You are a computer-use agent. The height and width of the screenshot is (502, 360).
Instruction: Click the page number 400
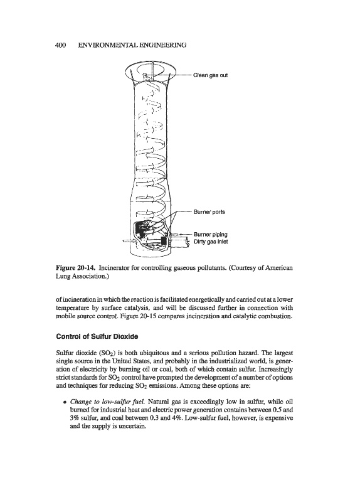pyautogui.click(x=60, y=45)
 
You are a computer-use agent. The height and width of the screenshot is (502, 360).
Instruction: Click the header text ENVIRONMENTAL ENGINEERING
pyautogui.click(x=132, y=45)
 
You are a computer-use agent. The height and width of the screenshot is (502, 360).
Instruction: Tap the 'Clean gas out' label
pyautogui.click(x=211, y=75)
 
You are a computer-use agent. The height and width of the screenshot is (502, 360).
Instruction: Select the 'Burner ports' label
pyautogui.click(x=209, y=212)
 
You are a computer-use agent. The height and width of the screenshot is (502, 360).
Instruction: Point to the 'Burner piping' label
pyautogui.click(x=211, y=235)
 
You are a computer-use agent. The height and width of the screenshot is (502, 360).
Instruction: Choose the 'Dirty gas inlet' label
pyautogui.click(x=211, y=242)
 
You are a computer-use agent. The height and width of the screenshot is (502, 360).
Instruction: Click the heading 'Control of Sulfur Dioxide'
pyautogui.click(x=97, y=336)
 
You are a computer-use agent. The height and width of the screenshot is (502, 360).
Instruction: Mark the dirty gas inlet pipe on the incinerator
pyautogui.click(x=180, y=242)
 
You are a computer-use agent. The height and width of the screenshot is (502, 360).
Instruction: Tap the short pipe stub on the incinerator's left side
pyautogui.click(x=127, y=240)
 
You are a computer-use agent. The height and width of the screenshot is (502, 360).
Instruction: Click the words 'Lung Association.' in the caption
pyautogui.click(x=83, y=275)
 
